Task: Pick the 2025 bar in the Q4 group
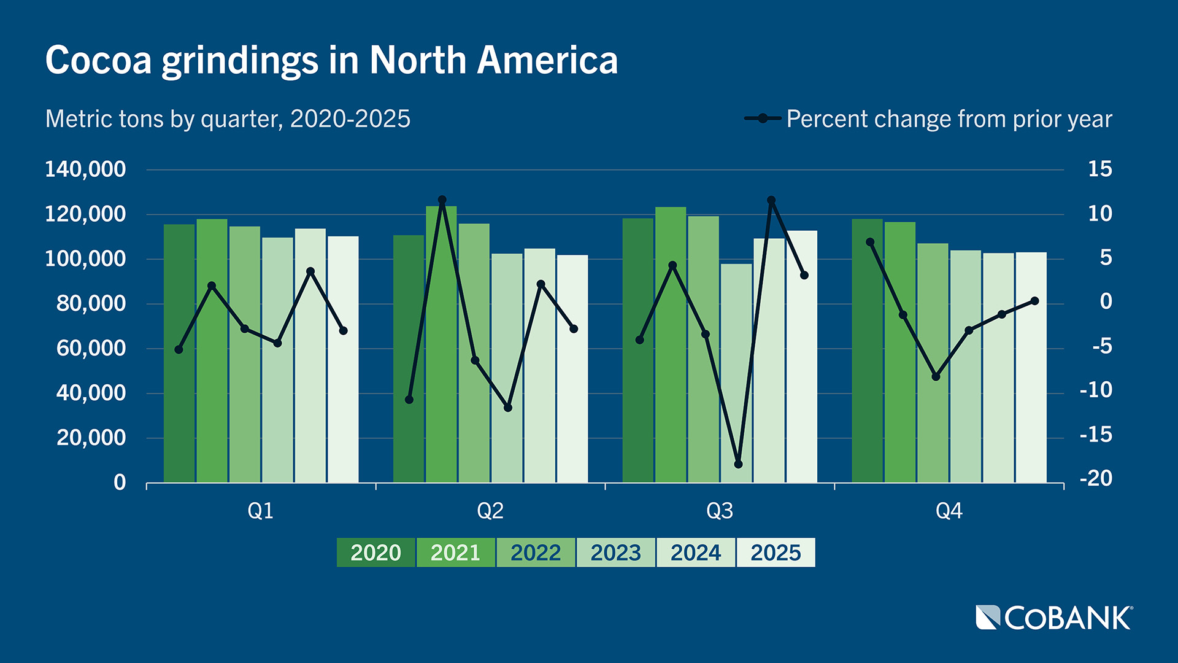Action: click(1031, 381)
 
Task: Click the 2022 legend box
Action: click(536, 552)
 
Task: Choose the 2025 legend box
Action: click(776, 552)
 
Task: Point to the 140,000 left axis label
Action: click(85, 169)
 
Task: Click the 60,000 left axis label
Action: click(91, 348)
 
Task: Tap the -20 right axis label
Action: click(1096, 478)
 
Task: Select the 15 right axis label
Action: click(1099, 169)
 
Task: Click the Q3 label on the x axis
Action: click(719, 511)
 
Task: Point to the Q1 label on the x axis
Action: click(260, 511)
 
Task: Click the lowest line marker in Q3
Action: click(738, 464)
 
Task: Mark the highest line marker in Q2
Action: click(442, 200)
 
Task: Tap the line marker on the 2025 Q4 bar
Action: click(1034, 301)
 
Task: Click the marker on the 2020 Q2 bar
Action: click(409, 400)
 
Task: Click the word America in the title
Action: click(547, 60)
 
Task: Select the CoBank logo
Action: click(1054, 618)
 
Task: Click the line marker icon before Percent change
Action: click(762, 118)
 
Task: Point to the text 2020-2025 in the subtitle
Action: click(350, 119)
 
